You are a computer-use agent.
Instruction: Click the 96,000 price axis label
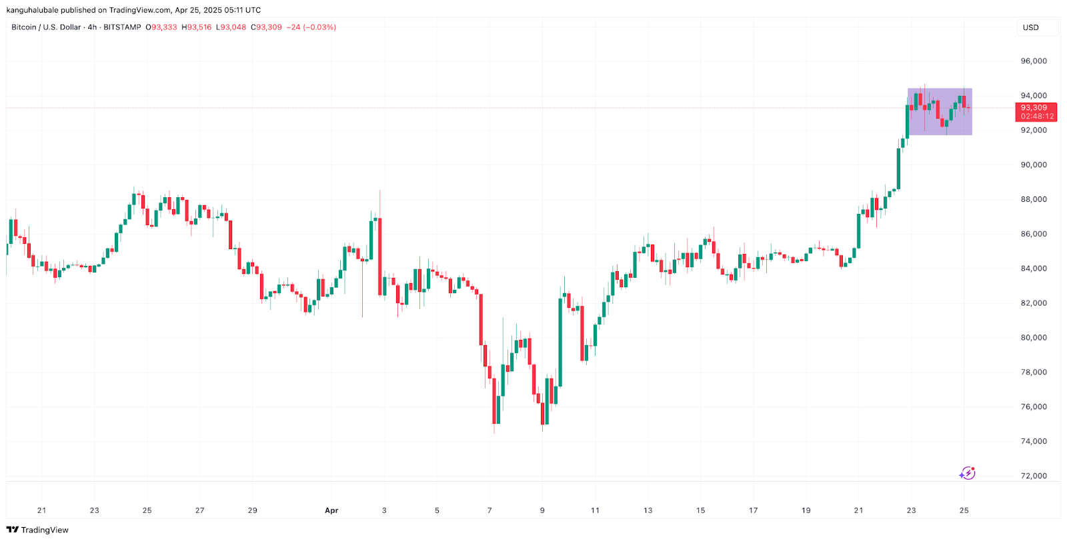(1034, 61)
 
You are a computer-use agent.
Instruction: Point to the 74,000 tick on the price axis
(1034, 441)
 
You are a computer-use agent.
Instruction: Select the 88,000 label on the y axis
(1034, 199)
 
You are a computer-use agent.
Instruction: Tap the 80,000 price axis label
(1034, 338)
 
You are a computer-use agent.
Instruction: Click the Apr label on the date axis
(331, 510)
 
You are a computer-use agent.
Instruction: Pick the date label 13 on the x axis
(648, 510)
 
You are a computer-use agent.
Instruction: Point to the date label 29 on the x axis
(252, 510)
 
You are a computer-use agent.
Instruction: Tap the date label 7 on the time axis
(489, 510)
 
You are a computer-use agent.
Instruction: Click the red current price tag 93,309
(1034, 108)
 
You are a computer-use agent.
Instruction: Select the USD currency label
(1031, 27)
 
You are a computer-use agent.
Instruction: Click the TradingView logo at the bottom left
(37, 530)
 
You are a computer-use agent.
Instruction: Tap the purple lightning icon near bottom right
(967, 473)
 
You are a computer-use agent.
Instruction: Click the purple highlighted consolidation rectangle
(940, 112)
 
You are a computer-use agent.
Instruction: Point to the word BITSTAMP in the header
(122, 27)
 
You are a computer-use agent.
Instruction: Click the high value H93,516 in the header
(197, 27)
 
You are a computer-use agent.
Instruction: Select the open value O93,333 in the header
(161, 27)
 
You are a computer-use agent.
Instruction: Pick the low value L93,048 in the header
(231, 27)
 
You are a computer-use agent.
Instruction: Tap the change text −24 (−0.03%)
(311, 27)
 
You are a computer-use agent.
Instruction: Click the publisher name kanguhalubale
(32, 10)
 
